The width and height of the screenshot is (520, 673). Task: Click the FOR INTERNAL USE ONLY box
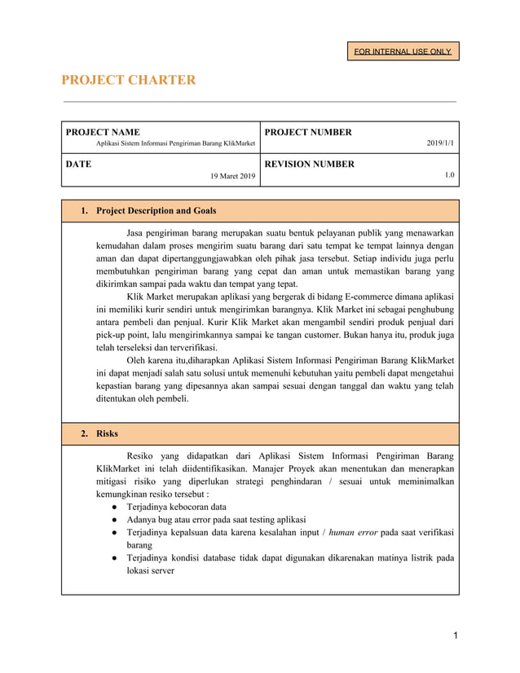403,51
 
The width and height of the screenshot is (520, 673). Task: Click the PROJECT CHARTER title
129,80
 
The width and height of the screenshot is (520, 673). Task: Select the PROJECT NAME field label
103,132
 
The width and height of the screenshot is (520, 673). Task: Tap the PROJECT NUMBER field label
308,132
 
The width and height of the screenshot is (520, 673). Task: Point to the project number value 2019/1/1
441,144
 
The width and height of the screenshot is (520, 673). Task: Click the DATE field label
78,164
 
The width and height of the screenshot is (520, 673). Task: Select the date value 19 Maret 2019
232,176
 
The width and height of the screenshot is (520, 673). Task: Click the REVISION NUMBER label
309,164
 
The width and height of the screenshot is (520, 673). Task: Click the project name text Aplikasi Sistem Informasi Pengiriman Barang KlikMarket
175,144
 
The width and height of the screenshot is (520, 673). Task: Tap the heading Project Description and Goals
156,211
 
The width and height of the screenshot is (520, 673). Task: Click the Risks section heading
107,433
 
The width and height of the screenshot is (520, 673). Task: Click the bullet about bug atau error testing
216,519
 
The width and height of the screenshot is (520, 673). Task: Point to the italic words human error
354,532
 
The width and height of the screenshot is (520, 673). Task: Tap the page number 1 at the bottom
456,635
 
